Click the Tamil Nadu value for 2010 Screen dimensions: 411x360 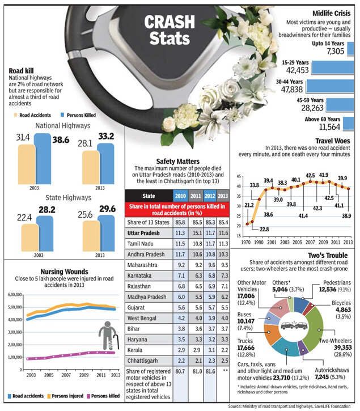click(164, 243)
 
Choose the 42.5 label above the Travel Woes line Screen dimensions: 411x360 click(311, 176)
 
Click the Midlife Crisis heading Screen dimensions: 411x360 click(331, 13)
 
